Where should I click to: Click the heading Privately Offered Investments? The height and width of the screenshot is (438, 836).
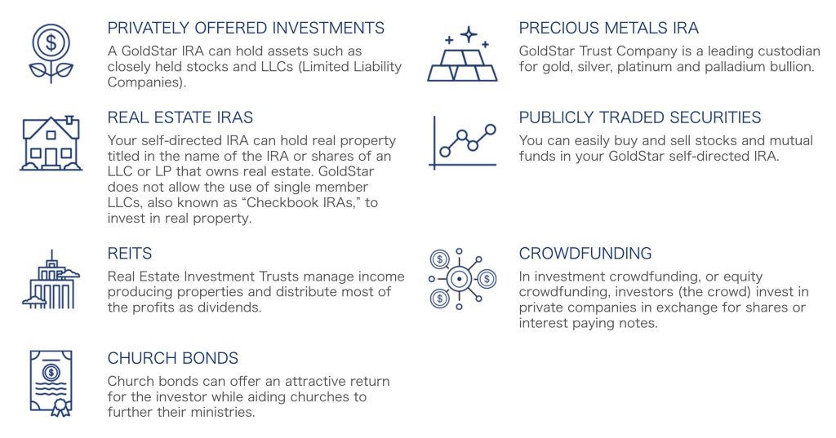[x=246, y=28]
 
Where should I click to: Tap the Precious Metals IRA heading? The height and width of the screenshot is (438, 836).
[x=608, y=28]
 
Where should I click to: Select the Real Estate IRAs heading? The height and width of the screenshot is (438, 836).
[x=180, y=117]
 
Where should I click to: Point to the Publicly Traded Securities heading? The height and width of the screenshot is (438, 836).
[x=640, y=117]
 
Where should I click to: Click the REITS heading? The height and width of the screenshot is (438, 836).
[x=130, y=253]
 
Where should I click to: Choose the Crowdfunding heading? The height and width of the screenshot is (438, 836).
[x=585, y=253]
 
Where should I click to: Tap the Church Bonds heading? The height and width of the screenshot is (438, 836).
[x=173, y=358]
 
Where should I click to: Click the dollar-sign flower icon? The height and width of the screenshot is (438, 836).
[x=51, y=53]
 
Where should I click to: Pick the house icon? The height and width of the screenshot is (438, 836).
[x=51, y=143]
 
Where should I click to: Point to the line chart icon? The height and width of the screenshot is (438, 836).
[x=462, y=143]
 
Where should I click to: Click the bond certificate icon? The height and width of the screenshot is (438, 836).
[x=51, y=383]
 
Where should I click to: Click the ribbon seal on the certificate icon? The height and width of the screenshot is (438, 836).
[x=60, y=407]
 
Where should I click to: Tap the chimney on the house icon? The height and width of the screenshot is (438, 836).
[x=69, y=121]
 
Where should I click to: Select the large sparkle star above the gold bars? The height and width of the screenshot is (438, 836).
[x=469, y=34]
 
